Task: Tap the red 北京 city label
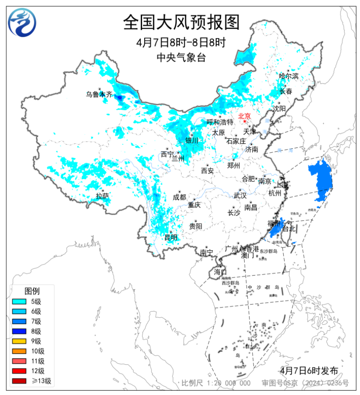(x=245, y=116)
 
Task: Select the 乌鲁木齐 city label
(x=99, y=94)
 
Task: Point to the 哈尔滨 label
(x=289, y=76)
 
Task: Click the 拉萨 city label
(x=103, y=196)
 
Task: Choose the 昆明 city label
(x=171, y=237)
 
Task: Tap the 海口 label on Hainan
(x=221, y=272)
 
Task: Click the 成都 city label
(x=179, y=197)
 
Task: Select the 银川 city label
(x=191, y=140)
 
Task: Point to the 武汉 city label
(x=240, y=196)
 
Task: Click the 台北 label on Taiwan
(x=289, y=228)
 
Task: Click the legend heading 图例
(x=32, y=291)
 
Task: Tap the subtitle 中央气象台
(x=181, y=57)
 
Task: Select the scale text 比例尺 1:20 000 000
(x=216, y=383)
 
